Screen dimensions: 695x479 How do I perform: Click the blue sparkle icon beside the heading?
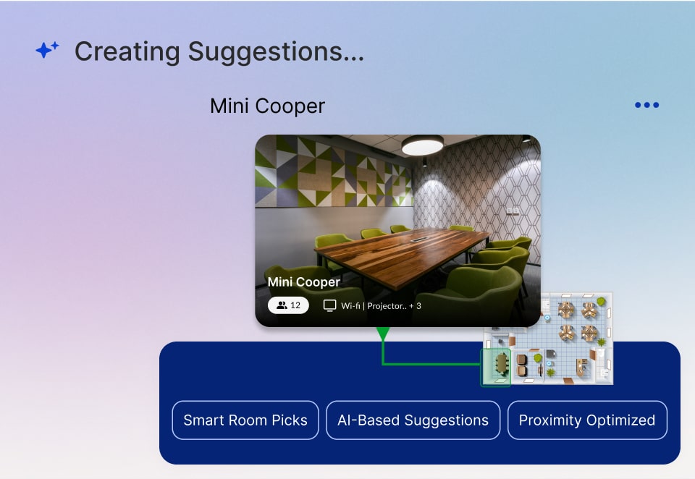coord(47,50)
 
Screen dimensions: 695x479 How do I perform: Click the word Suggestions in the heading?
coord(276,52)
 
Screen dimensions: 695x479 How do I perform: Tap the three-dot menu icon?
coord(646,105)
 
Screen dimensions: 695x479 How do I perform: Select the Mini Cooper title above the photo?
coord(267,106)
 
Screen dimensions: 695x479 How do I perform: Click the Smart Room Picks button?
coord(245,420)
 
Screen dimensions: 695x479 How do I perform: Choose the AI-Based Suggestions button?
coord(413,420)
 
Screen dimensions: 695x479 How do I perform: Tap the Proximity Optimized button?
coord(587,420)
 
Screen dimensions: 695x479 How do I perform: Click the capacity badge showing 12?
coord(288,305)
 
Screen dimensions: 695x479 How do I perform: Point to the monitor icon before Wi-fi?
coord(329,305)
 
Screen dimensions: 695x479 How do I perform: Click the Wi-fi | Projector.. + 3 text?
coord(382,306)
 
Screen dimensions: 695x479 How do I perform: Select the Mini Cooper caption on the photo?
coord(303,282)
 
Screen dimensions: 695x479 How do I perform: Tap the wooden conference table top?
coord(401,253)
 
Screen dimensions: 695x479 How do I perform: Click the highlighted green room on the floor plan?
coord(496,368)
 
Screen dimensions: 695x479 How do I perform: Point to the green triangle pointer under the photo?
coord(383,334)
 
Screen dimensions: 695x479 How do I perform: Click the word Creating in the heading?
coord(127,51)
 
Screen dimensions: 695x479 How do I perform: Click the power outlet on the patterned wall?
coord(513,211)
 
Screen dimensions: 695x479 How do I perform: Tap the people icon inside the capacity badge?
coord(282,305)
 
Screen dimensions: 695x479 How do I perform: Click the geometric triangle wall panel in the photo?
coord(333,172)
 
